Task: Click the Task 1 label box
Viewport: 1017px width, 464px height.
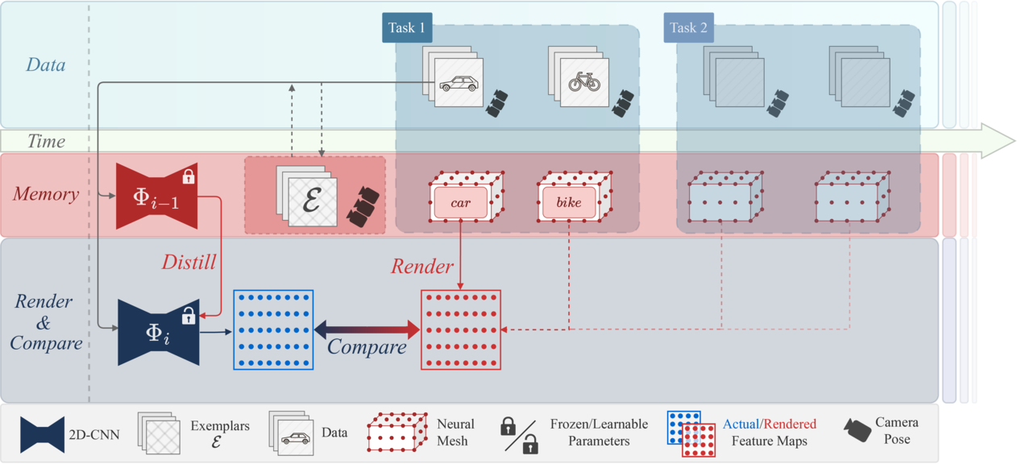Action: pyautogui.click(x=407, y=27)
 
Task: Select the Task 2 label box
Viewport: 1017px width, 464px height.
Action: pyautogui.click(x=689, y=27)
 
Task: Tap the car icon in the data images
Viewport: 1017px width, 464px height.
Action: pyautogui.click(x=458, y=83)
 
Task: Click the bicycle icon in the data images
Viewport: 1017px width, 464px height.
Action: pyautogui.click(x=584, y=83)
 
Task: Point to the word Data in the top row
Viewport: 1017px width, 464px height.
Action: pyautogui.click(x=46, y=64)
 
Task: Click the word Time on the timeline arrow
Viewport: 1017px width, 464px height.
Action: pyautogui.click(x=46, y=142)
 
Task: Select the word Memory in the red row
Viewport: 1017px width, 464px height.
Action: pyautogui.click(x=46, y=194)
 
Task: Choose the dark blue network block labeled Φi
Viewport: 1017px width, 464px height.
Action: pyautogui.click(x=159, y=332)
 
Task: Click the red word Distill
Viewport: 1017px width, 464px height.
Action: pyautogui.click(x=189, y=262)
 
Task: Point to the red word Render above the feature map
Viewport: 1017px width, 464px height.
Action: pyautogui.click(x=422, y=267)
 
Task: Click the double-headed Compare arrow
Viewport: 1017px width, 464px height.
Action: pyautogui.click(x=367, y=329)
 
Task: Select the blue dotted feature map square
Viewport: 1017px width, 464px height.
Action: pyautogui.click(x=273, y=329)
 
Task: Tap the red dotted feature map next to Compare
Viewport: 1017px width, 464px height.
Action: pyautogui.click(x=461, y=329)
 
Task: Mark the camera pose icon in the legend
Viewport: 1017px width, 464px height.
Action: pyautogui.click(x=857, y=429)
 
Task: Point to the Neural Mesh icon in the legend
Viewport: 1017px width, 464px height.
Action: pyautogui.click(x=396, y=433)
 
